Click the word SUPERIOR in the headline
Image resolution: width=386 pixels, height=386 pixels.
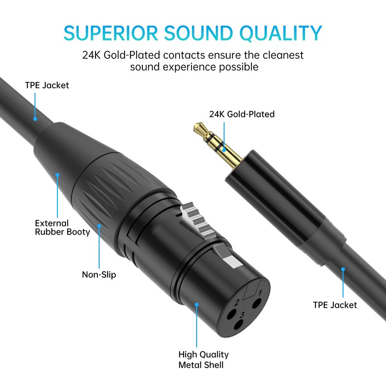(x=110, y=32)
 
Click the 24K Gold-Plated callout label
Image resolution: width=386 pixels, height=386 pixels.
(x=241, y=114)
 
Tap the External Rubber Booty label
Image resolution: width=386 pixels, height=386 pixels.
(x=62, y=227)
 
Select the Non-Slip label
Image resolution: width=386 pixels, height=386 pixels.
(x=98, y=275)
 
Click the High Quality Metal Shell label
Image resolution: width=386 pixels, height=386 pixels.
(x=203, y=359)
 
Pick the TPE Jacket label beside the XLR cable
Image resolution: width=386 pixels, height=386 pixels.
(x=47, y=85)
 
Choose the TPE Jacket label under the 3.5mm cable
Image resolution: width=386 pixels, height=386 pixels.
(x=335, y=305)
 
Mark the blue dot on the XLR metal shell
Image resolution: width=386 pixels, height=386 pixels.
(x=196, y=304)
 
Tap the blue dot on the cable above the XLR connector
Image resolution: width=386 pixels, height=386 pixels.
(x=35, y=118)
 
